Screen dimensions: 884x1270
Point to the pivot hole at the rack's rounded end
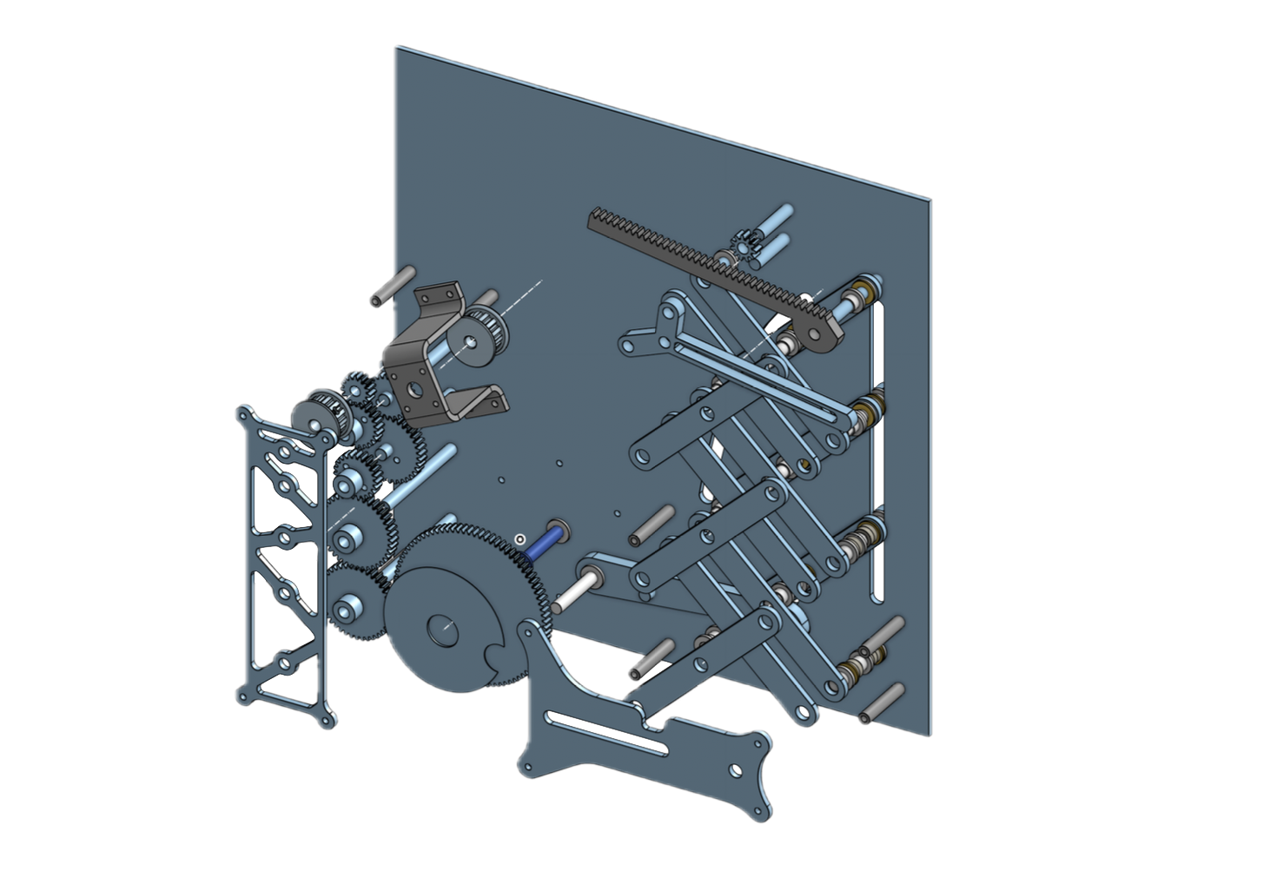pos(819,331)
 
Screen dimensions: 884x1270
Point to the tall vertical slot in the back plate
pos(878,452)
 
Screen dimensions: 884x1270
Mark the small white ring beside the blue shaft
pos(519,539)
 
